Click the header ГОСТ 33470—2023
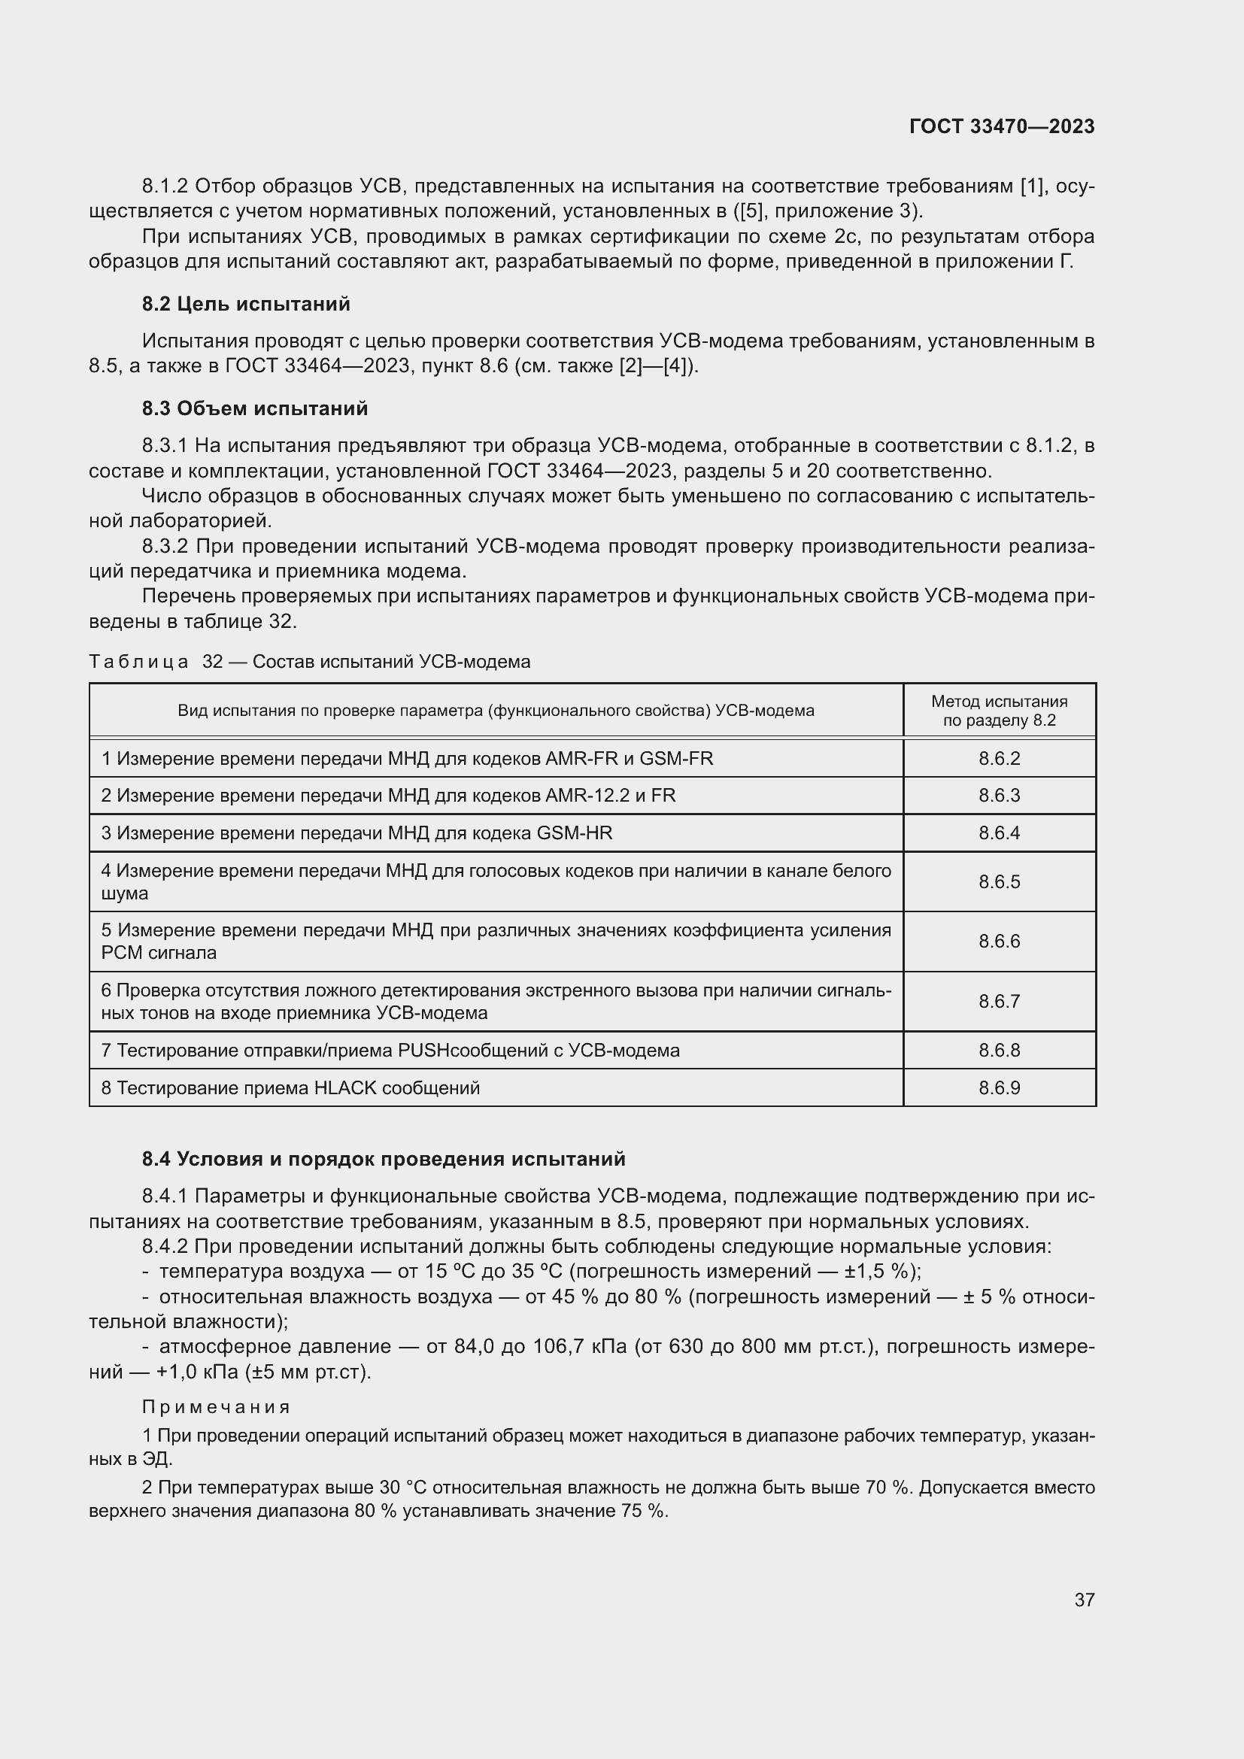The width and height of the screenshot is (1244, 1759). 1001,126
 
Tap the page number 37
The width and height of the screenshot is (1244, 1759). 1084,1600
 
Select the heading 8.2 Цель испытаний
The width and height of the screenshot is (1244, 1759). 246,304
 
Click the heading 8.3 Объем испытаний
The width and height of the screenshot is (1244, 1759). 254,408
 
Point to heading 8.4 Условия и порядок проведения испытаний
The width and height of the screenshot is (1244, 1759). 383,1158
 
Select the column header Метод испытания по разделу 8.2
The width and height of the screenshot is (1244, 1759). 999,710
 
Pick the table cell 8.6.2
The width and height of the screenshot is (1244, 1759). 999,759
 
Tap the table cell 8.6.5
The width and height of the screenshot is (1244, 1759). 999,882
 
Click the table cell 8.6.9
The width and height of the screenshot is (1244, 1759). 999,1088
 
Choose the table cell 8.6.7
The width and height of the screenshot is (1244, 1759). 999,1001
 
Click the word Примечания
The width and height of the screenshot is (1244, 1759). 216,1406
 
